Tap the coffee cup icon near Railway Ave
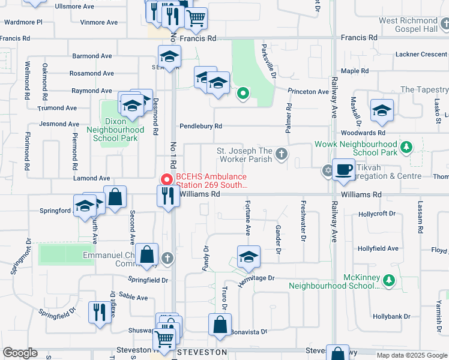coord(343,170)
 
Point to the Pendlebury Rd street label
coord(200,127)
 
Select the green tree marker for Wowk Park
coord(406,147)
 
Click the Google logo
coord(20,353)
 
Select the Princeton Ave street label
coord(309,92)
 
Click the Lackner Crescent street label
coord(421,54)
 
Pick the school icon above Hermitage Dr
coord(249,257)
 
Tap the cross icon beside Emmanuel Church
coord(167,258)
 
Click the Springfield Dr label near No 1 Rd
coord(148,280)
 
